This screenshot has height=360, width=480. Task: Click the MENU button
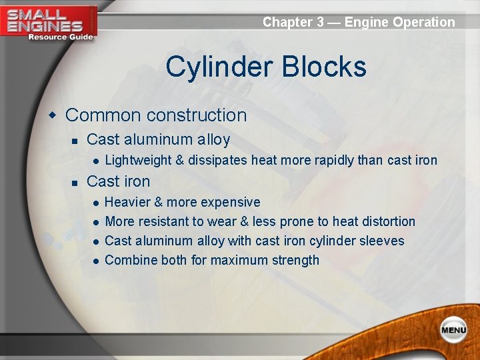pos(453,330)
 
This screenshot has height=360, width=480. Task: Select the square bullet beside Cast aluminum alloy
pos(75,141)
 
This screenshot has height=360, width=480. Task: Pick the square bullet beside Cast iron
pos(75,182)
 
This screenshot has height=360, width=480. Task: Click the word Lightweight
pos(139,160)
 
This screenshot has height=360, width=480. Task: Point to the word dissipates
pos(219,160)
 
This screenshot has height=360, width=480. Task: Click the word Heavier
pos(127,202)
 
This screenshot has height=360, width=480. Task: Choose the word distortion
pos(387,221)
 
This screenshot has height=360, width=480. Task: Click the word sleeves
pos(381,241)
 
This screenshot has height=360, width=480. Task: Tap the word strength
pos(294,260)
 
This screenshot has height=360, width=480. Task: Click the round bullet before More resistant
pos(97,222)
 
